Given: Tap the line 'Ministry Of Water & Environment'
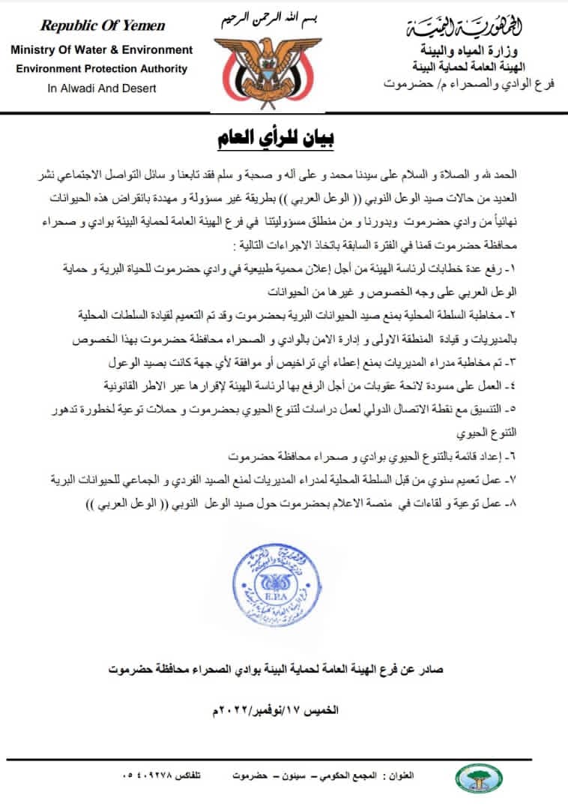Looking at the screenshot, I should [x=101, y=50].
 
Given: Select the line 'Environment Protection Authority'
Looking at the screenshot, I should [x=101, y=68].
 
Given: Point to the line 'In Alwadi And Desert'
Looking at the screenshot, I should [x=102, y=88].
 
